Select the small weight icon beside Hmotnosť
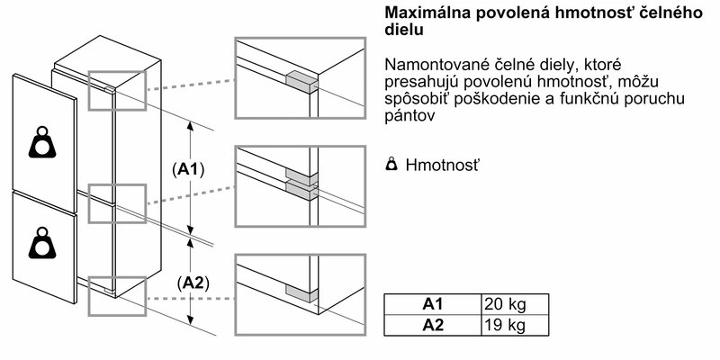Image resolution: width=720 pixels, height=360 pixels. (391, 166)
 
